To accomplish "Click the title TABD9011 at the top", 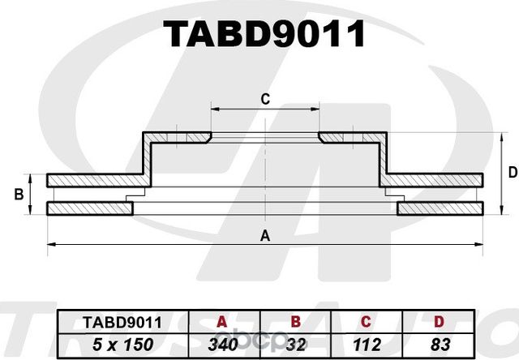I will (x=264, y=33).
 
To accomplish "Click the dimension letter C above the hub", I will (x=264, y=99).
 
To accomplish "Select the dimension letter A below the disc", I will (x=264, y=236).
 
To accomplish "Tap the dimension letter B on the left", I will (x=18, y=195).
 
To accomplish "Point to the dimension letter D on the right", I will (x=512, y=172).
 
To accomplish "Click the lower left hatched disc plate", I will (x=89, y=209).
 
